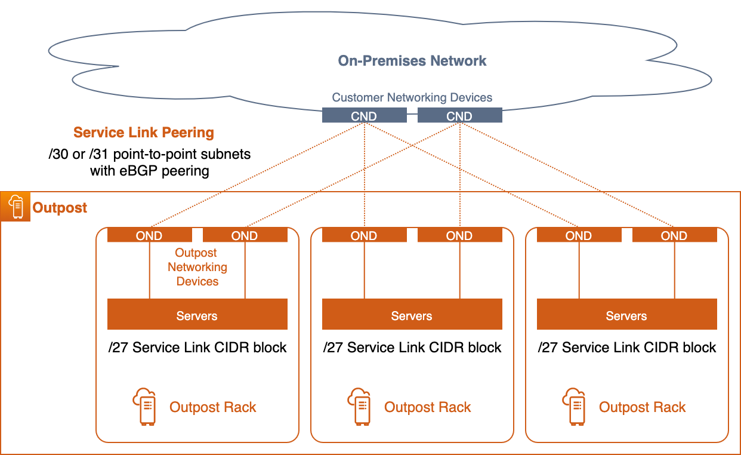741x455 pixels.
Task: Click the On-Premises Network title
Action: (x=412, y=61)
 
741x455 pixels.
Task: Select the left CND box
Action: (x=364, y=116)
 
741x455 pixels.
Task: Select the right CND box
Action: (x=459, y=116)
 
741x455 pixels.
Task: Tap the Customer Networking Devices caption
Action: (x=412, y=97)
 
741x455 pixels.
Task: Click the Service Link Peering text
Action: (x=143, y=133)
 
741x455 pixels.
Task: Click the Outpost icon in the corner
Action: (x=16, y=207)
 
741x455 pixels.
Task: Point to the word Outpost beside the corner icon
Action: (x=60, y=208)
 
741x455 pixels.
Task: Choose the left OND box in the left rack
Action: (x=149, y=235)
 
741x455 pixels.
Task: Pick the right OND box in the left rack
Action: (x=245, y=235)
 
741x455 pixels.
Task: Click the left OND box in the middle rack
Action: (x=364, y=235)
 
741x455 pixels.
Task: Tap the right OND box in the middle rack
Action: (x=459, y=235)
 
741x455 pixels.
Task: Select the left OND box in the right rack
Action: (x=579, y=235)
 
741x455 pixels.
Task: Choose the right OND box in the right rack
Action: (x=674, y=235)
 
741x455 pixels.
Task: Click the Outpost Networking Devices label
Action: (x=197, y=267)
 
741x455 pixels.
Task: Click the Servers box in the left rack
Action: (x=197, y=315)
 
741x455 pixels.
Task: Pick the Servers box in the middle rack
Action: (x=412, y=315)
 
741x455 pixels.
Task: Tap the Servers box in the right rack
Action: (x=626, y=315)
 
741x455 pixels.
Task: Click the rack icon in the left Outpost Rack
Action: (x=144, y=407)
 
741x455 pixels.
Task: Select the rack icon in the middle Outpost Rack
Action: (x=359, y=407)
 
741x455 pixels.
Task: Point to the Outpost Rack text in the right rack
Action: (x=642, y=407)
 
